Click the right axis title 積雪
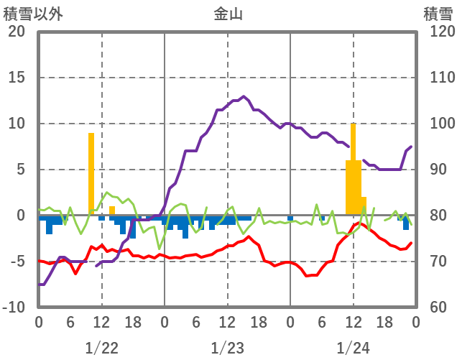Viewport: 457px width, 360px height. point(438,14)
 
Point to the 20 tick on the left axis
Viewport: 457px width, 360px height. point(17,32)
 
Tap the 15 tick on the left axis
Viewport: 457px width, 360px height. point(17,78)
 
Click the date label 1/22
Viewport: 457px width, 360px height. point(101,348)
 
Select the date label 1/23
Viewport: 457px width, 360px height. point(227,348)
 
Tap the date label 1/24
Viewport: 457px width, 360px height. point(353,348)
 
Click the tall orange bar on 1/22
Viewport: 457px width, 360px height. point(91,172)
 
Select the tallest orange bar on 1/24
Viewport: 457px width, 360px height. point(353,169)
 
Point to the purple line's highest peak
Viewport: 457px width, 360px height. point(244,96)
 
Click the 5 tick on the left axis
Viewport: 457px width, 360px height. point(21,170)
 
